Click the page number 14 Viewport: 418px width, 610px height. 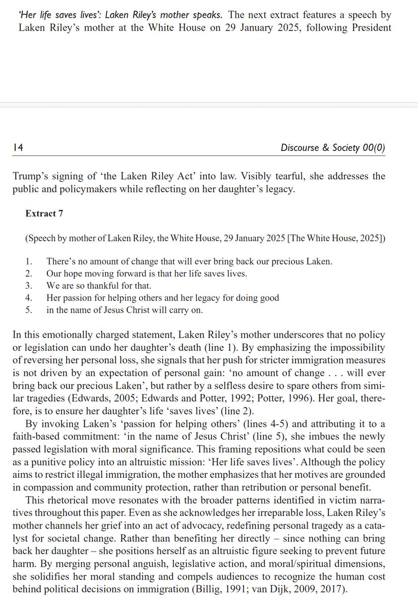point(15,147)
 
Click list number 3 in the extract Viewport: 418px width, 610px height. point(28,286)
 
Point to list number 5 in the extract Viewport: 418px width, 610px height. point(28,310)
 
